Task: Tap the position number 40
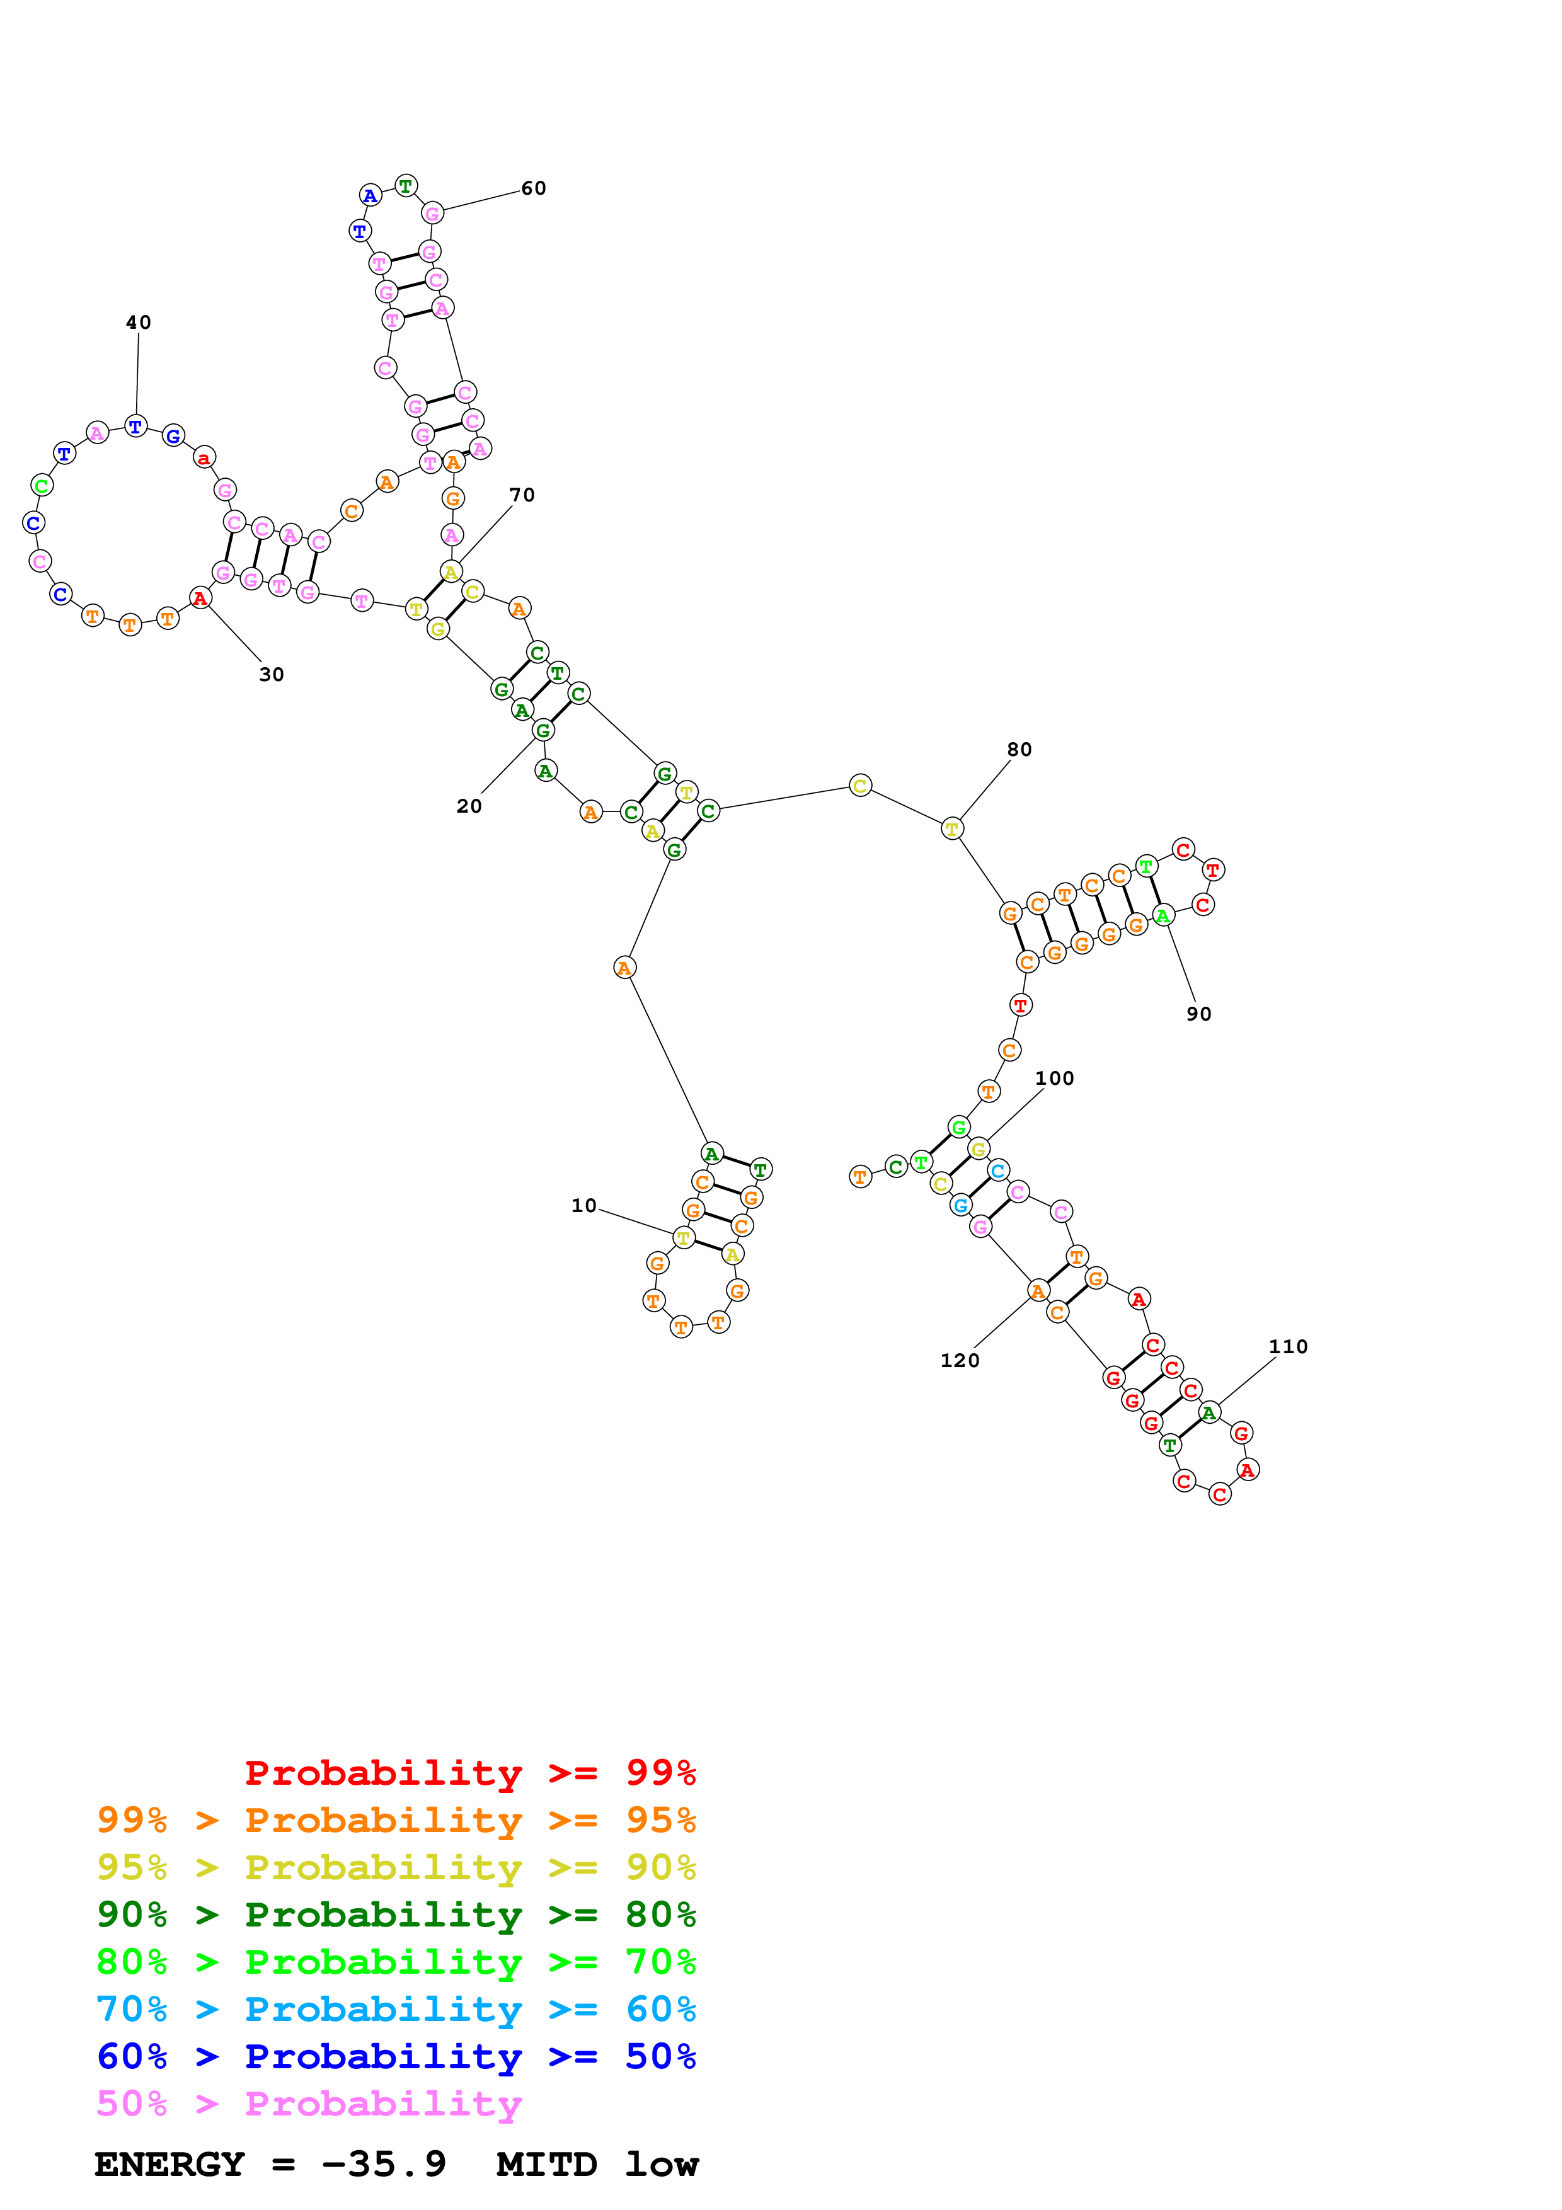point(139,323)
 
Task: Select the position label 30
point(272,675)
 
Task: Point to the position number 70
point(522,495)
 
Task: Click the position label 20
point(469,806)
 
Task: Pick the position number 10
point(583,1206)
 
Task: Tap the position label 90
point(1198,1014)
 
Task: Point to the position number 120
point(960,1361)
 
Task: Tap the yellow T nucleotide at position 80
point(952,829)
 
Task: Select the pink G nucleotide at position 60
point(432,214)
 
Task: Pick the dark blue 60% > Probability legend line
point(396,2057)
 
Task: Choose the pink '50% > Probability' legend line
point(309,2104)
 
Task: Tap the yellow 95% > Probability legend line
point(396,1867)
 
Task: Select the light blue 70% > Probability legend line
point(396,2010)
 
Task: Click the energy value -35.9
point(383,2165)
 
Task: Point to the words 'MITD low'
point(598,2165)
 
